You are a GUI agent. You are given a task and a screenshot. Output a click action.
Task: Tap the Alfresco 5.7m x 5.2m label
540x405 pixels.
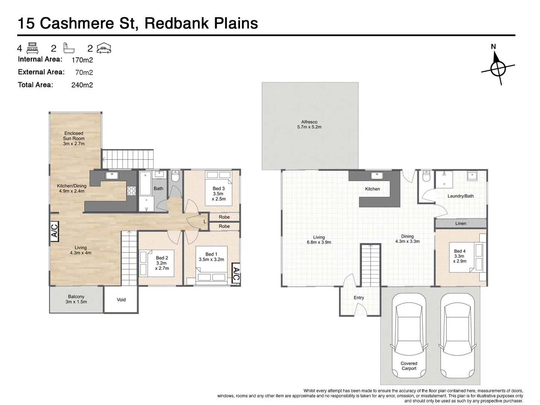pyautogui.click(x=309, y=124)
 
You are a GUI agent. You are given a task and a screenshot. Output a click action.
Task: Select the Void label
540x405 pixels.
pyautogui.click(x=121, y=300)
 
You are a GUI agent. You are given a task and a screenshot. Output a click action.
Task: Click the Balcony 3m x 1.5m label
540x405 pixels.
pyautogui.click(x=76, y=299)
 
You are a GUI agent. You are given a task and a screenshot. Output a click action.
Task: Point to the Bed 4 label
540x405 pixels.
pyautogui.click(x=459, y=256)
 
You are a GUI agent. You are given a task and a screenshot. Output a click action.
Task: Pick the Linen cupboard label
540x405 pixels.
pyautogui.click(x=460, y=223)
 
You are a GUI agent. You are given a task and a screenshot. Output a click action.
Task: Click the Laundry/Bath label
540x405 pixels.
pyautogui.click(x=460, y=196)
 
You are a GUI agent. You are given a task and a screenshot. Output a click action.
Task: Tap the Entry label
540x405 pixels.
pyautogui.click(x=358, y=298)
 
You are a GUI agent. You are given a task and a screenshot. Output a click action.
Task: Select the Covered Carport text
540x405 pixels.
pyautogui.click(x=409, y=366)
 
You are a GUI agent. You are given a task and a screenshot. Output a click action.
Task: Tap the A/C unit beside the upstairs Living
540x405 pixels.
pyautogui.click(x=54, y=230)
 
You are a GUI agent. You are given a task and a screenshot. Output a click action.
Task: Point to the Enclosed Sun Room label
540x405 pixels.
pyautogui.click(x=74, y=138)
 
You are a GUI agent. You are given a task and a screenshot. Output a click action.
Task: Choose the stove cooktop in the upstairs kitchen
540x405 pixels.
pyautogui.click(x=132, y=191)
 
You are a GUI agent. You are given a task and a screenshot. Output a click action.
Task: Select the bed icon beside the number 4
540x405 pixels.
pyautogui.click(x=33, y=48)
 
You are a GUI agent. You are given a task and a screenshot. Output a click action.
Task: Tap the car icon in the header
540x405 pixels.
pyautogui.click(x=104, y=48)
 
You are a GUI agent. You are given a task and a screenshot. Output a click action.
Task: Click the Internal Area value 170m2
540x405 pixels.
pyautogui.click(x=82, y=60)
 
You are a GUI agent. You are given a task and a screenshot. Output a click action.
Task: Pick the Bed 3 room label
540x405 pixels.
pyautogui.click(x=219, y=193)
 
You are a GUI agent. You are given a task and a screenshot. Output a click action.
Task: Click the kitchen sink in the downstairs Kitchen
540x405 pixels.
pyautogui.click(x=112, y=175)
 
